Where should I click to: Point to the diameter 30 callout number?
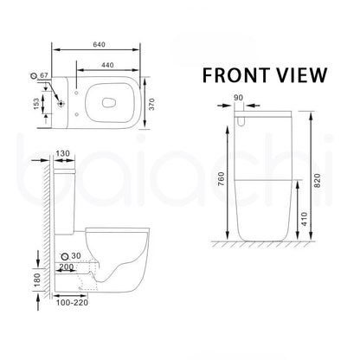tap(78, 256)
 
